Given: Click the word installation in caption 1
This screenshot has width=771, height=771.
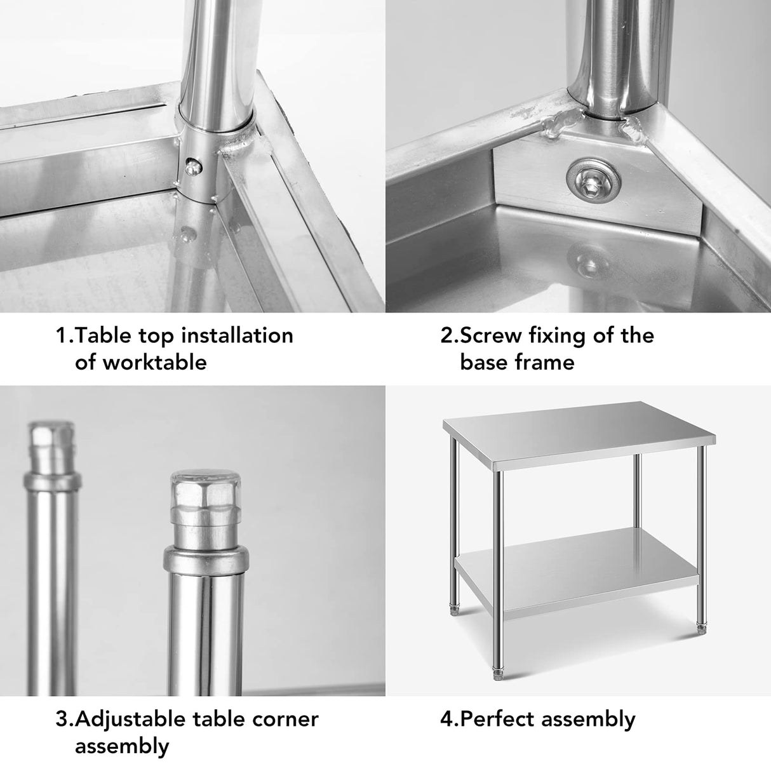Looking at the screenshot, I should (x=236, y=335).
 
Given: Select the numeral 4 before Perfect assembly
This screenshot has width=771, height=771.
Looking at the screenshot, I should (x=446, y=720).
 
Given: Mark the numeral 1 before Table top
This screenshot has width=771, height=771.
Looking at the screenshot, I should (x=62, y=335).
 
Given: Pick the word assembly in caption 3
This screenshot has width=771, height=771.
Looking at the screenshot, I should (x=122, y=747).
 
